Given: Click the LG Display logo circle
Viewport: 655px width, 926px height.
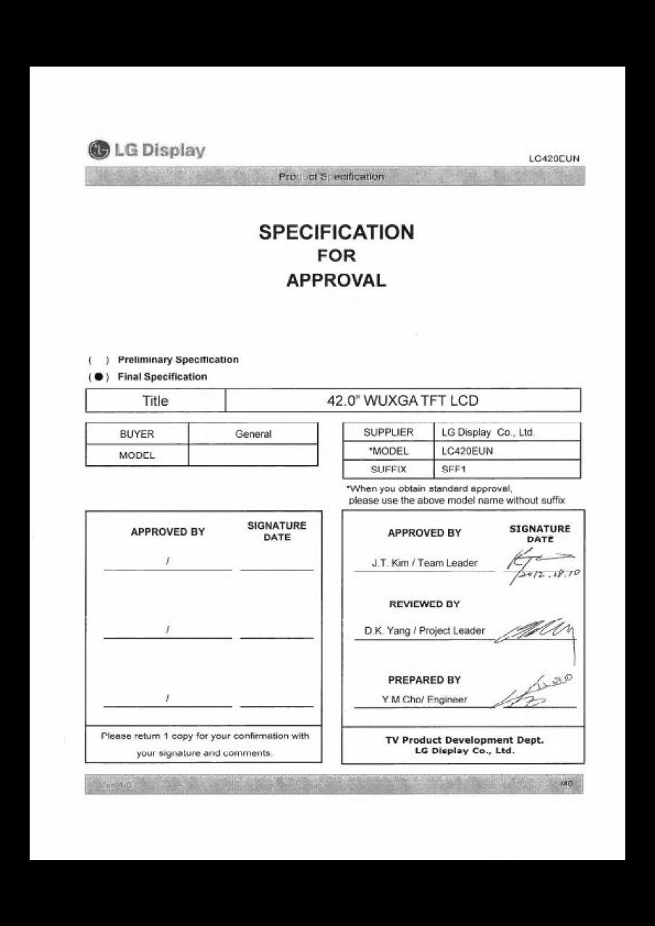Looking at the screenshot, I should coord(98,150).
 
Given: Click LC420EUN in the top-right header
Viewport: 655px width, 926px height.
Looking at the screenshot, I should coord(554,158).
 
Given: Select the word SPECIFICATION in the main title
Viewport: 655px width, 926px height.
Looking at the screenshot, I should coord(337,232).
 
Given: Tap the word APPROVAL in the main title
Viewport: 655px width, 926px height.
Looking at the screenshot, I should coord(336,281).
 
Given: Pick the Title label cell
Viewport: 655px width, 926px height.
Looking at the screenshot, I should coord(156,401).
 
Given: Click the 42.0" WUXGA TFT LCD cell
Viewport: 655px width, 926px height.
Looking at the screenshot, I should coord(402,401).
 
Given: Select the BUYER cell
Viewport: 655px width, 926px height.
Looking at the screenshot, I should coord(137,434).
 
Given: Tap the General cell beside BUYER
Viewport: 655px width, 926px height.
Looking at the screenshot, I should coord(253,434).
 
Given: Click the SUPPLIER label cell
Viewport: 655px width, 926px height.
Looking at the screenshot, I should coord(388,433).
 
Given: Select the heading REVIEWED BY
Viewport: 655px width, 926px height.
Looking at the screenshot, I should coord(424,604).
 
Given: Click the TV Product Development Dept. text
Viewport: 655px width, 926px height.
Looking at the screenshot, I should coord(464,739).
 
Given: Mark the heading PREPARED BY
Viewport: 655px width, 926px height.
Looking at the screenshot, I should coord(424,680).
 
